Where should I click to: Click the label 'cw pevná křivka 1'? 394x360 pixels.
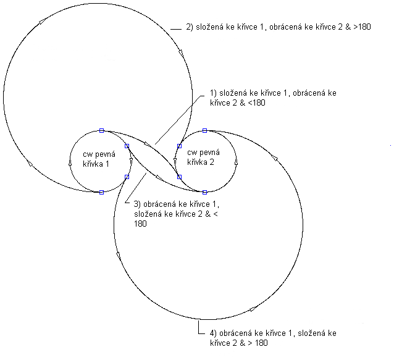(x=95, y=158)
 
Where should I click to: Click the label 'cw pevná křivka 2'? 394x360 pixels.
(x=200, y=158)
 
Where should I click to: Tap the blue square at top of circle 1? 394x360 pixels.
(x=101, y=130)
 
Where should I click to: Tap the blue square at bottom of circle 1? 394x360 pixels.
(x=101, y=192)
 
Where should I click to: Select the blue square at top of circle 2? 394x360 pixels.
(x=204, y=130)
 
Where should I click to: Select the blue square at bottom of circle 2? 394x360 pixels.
(x=204, y=192)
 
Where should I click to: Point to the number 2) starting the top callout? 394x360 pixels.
(x=190, y=27)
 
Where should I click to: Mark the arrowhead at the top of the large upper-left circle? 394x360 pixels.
(x=41, y=22)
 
